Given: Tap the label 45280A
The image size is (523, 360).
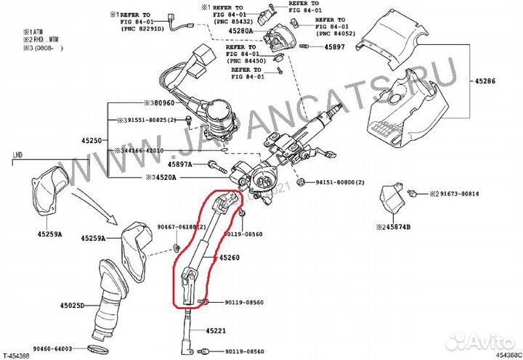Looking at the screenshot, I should pos(240,31).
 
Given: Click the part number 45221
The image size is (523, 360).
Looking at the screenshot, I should pos(217,331).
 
